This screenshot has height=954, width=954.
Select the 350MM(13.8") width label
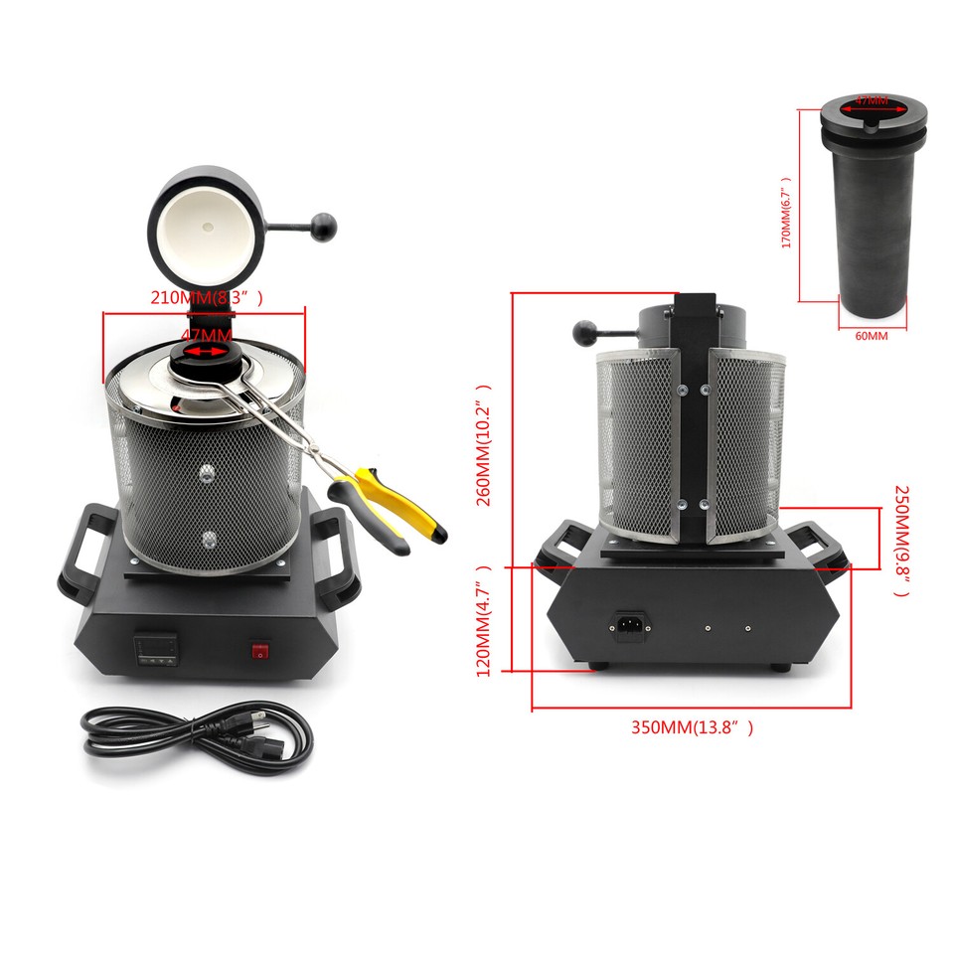click(x=692, y=727)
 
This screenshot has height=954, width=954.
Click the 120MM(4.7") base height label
click(x=485, y=618)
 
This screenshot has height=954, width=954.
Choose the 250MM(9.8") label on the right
click(x=902, y=541)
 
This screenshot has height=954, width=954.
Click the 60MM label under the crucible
click(x=871, y=336)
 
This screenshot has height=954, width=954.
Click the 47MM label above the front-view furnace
click(x=207, y=335)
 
